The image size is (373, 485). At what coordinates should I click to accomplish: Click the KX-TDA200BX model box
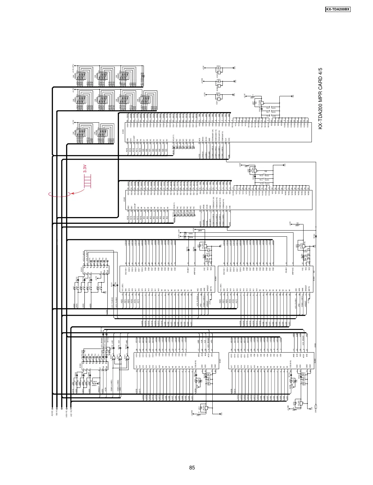tap(338, 10)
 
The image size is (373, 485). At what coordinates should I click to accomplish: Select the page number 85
tap(192, 468)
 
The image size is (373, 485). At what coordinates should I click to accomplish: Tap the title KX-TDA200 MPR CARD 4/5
tap(320, 98)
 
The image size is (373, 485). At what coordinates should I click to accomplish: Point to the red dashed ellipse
tap(60, 194)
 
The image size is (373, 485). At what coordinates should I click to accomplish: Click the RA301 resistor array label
tap(75, 100)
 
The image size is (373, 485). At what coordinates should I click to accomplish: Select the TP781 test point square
tap(316, 236)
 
